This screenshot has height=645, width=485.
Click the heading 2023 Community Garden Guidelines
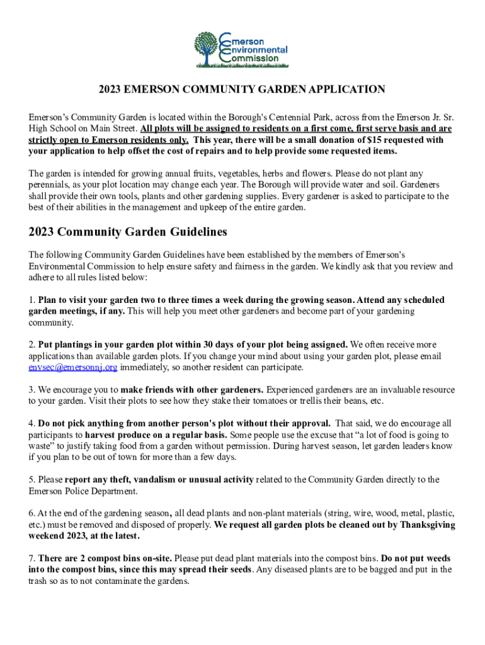coord(127,232)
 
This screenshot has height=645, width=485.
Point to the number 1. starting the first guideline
coord(31,300)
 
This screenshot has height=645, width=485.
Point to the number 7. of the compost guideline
coord(31,558)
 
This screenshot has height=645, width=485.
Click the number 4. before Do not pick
coord(31,423)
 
